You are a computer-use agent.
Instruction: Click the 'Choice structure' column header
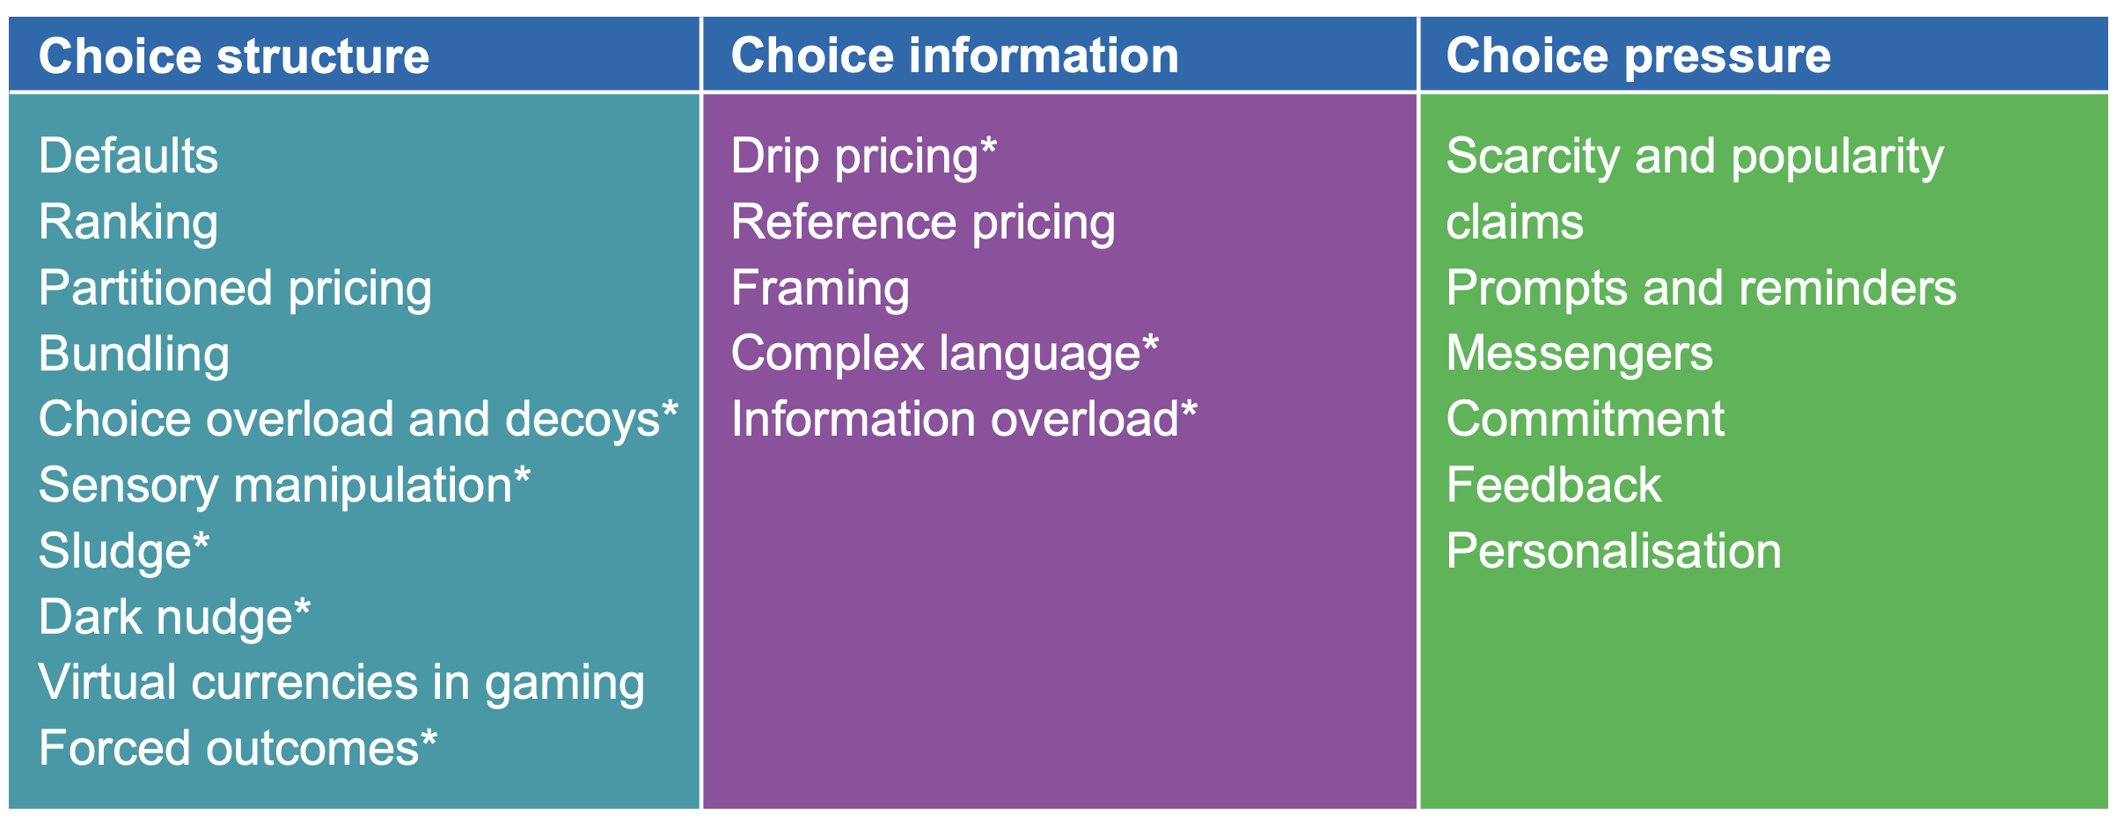[234, 56]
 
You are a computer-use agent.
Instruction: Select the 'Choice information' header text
[955, 55]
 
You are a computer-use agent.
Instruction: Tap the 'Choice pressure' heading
[1638, 55]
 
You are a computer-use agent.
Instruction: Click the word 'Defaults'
[128, 156]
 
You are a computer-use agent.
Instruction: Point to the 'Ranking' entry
[128, 223]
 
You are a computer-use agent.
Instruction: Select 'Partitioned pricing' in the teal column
[235, 289]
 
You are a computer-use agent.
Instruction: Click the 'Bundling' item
[134, 355]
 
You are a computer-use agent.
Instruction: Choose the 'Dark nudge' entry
[165, 617]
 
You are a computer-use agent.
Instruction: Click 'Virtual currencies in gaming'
[341, 683]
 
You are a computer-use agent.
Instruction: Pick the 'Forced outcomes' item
[229, 749]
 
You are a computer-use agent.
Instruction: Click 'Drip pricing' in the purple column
[854, 157]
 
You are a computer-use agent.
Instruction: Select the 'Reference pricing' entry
[923, 223]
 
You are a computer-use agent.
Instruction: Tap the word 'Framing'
[820, 289]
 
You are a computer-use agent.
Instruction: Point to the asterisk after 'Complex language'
[1150, 343]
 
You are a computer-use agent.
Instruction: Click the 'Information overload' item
[955, 419]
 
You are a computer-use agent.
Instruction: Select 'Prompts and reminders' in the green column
[1702, 289]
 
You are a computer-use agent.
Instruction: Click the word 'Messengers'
[1579, 355]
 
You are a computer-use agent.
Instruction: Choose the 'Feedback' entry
[1554, 485]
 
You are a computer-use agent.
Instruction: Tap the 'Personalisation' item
[1614, 551]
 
